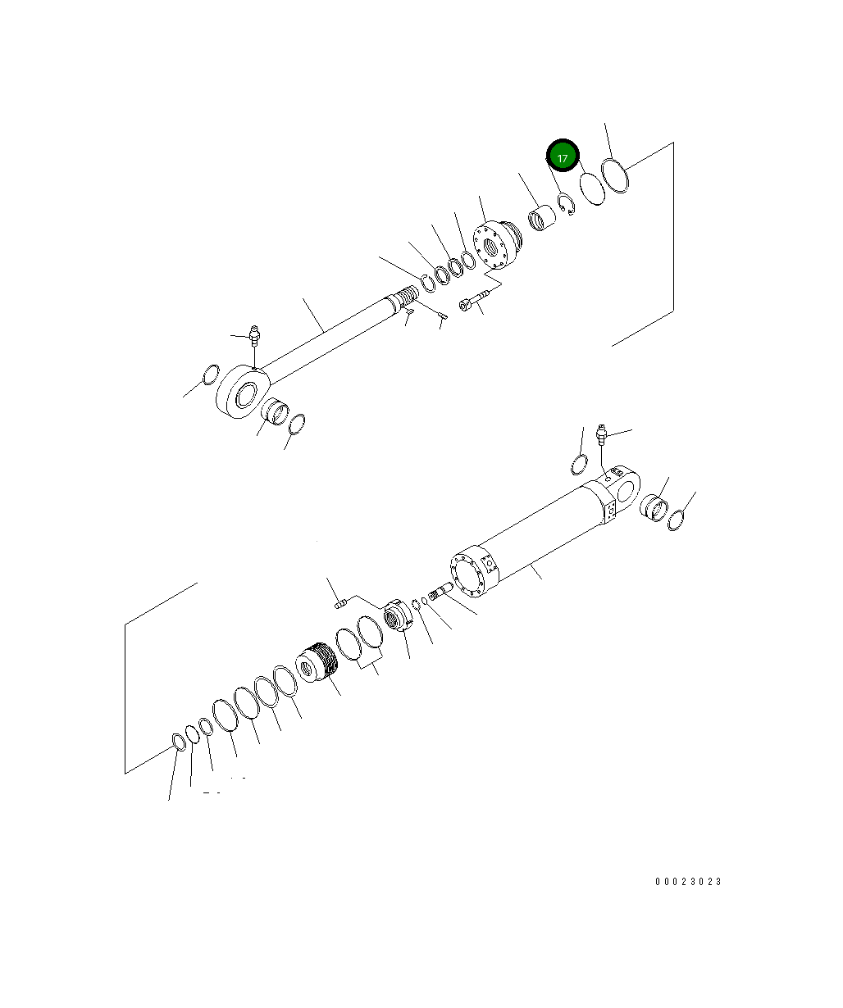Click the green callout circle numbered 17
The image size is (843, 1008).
[563, 157]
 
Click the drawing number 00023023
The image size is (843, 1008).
[689, 882]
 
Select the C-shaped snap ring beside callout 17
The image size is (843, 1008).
[565, 204]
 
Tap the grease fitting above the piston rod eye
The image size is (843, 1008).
[254, 334]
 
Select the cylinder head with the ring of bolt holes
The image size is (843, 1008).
[497, 244]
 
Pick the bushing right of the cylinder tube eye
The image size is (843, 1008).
[653, 508]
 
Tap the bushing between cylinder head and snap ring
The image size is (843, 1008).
[541, 219]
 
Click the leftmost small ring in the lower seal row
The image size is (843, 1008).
[178, 742]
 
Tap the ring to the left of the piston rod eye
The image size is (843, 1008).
[210, 375]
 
